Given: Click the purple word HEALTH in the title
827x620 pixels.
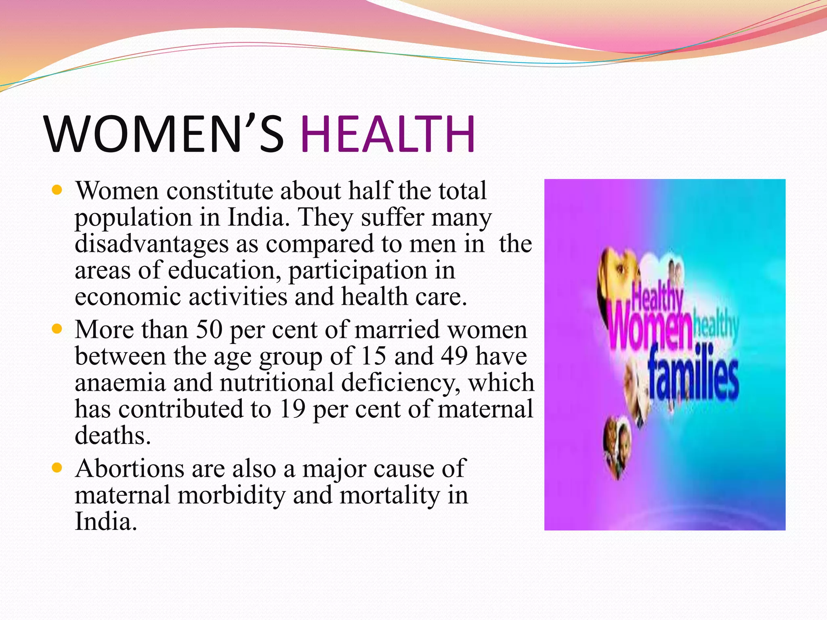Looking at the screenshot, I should point(388,134).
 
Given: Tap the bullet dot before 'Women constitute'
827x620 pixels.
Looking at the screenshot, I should point(57,190).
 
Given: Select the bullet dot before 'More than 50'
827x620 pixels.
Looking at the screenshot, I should point(57,329).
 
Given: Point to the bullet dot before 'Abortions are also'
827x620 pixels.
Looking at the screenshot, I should point(57,468).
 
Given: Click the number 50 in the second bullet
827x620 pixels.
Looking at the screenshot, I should point(209,330).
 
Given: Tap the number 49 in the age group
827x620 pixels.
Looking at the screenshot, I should point(454,356).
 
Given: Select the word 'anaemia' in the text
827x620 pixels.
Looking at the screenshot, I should point(120,383).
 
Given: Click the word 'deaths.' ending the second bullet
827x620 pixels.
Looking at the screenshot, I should point(113,436).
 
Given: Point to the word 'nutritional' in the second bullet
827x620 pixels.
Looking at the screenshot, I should point(277,383).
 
